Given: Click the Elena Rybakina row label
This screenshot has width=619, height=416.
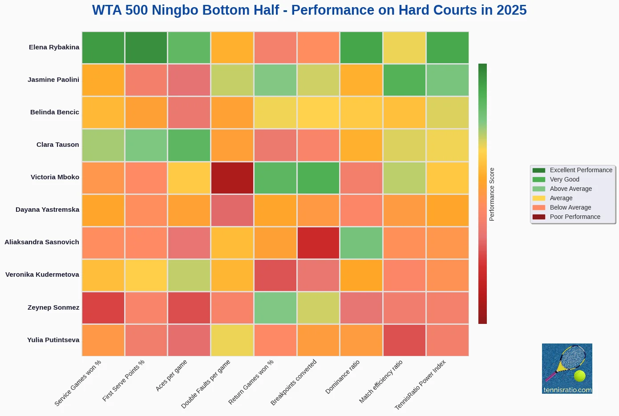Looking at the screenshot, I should coord(54,47).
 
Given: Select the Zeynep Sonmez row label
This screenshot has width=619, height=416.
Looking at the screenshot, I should coord(53,307).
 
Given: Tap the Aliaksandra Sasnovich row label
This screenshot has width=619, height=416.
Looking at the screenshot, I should coord(42,242).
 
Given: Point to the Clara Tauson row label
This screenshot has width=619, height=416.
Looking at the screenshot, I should coord(57,145).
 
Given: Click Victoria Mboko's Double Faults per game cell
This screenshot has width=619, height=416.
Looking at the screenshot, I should coord(232,178).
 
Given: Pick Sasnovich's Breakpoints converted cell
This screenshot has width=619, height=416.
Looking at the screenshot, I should coord(318,242).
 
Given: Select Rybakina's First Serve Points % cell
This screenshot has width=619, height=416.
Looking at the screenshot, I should coord(146,48).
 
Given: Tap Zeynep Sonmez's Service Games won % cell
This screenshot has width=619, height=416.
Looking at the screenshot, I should coord(103,307).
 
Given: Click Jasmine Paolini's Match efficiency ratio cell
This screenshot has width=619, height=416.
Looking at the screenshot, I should coord(405,80).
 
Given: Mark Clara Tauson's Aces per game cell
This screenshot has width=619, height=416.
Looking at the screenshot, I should coord(189,145).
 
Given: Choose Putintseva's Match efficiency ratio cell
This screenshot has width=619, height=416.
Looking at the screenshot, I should coord(405,340).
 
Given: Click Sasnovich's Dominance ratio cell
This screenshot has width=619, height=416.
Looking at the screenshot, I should coord(361,242).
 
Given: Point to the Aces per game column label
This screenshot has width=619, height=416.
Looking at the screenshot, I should coord(171,376).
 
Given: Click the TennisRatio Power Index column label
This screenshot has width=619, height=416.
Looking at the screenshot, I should coord(420,384).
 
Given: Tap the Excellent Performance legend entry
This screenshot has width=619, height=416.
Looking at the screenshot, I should coord(581,170).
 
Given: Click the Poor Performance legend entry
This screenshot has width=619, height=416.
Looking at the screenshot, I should coord(574,217).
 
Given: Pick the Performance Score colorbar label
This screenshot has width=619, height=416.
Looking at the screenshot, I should coord(492,194).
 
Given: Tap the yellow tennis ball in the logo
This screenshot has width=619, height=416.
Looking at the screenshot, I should coord(579,376).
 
